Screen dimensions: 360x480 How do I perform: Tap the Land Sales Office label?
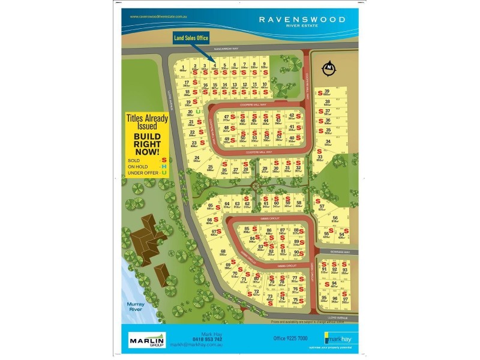pos(191,38)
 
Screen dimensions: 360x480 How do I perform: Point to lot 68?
pos(223,252)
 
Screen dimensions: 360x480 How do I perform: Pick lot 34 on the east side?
pos(328,143)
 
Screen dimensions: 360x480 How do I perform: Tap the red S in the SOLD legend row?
pos(163,160)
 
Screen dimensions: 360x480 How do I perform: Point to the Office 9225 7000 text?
pos(292,339)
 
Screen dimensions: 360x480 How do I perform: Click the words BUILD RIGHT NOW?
pos(146,144)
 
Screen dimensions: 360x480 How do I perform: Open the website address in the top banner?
pos(160,17)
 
